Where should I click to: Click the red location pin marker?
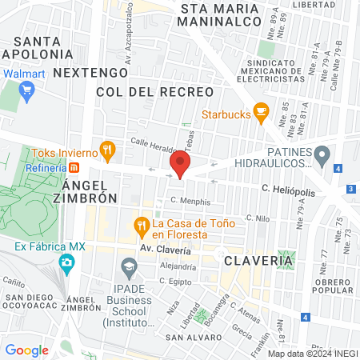point(180,166)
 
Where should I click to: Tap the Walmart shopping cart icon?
point(26,89)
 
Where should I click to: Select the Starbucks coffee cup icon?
point(260,114)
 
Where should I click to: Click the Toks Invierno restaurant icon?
point(106,151)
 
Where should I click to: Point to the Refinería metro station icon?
point(74,168)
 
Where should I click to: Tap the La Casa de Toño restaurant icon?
point(142,225)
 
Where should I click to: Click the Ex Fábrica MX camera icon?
point(67,262)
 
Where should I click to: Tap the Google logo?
point(26,350)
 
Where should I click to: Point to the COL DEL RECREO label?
point(154,93)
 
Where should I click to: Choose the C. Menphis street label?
point(190,202)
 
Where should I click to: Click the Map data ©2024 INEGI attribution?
point(311,353)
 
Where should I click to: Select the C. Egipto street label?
point(177,281)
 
